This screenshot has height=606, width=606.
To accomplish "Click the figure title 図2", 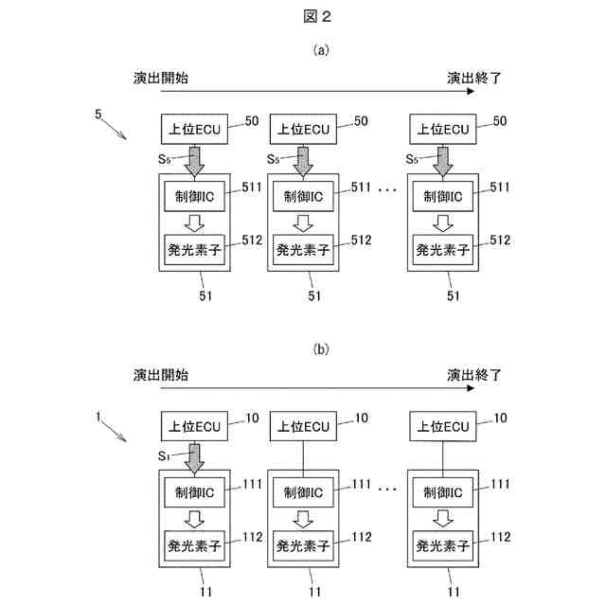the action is pyautogui.click(x=317, y=16).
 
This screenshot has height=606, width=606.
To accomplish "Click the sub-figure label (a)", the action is pyautogui.click(x=321, y=50).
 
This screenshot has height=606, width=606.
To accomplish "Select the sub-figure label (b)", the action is pyautogui.click(x=321, y=349).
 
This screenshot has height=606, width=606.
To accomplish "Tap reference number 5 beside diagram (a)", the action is pyautogui.click(x=98, y=114).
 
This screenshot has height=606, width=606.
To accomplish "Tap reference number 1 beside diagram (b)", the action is pyautogui.click(x=98, y=417).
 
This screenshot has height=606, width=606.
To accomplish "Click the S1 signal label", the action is pyautogui.click(x=164, y=456).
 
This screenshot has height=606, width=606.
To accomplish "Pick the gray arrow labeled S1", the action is pyautogui.click(x=194, y=458).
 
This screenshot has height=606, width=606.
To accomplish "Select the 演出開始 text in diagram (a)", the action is pyautogui.click(x=161, y=78).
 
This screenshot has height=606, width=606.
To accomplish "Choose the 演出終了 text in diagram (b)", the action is pyautogui.click(x=473, y=375).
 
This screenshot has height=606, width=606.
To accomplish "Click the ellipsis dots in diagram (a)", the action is pyautogui.click(x=387, y=189).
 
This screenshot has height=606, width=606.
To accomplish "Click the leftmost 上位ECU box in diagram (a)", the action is pyautogui.click(x=194, y=129).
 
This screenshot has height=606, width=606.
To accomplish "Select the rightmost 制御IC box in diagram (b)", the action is pyautogui.click(x=443, y=492).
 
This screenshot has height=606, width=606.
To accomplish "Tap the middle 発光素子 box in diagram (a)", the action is pyautogui.click(x=303, y=250).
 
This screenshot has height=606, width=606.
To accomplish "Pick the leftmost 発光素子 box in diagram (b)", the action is pyautogui.click(x=194, y=545).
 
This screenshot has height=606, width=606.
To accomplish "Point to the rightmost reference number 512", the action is pyautogui.click(x=500, y=240).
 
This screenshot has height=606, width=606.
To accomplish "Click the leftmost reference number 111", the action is pyautogui.click(x=253, y=484).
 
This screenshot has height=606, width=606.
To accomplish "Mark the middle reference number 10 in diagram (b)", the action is pyautogui.click(x=362, y=418).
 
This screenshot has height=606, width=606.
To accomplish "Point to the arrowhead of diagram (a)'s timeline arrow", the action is pyautogui.click(x=473, y=91).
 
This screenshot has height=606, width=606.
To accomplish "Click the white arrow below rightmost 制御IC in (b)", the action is pyautogui.click(x=443, y=519).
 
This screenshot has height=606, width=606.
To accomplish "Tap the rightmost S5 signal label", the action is pyautogui.click(x=412, y=159).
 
